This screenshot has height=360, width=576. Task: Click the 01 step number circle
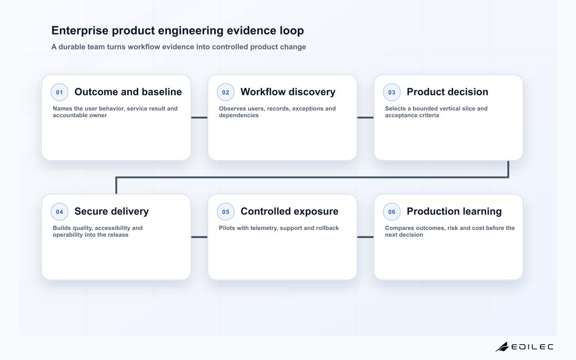[x=60, y=92]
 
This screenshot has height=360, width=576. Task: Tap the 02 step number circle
[x=226, y=92]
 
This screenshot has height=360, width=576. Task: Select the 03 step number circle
[x=392, y=92]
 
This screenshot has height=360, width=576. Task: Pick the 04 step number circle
[x=60, y=212]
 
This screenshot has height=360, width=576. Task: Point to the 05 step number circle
[x=226, y=212]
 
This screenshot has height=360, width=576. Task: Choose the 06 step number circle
[x=392, y=212]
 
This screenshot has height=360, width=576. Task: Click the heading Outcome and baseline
[x=128, y=92]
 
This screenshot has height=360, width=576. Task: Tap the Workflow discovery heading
[x=288, y=92]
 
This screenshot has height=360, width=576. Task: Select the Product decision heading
[x=447, y=92]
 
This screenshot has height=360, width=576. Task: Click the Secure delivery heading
[x=111, y=211]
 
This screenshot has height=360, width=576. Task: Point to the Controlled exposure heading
[x=289, y=211]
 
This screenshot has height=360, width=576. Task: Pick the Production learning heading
[x=454, y=211]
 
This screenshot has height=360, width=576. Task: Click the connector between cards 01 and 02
[x=199, y=118]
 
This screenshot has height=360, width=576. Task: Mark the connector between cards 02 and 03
[x=365, y=118]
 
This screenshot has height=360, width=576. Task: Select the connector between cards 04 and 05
[x=199, y=237]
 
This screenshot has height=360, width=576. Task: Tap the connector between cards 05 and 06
[x=365, y=237]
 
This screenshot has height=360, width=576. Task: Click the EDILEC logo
[x=524, y=347]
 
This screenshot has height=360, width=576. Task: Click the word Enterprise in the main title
[x=80, y=31]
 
